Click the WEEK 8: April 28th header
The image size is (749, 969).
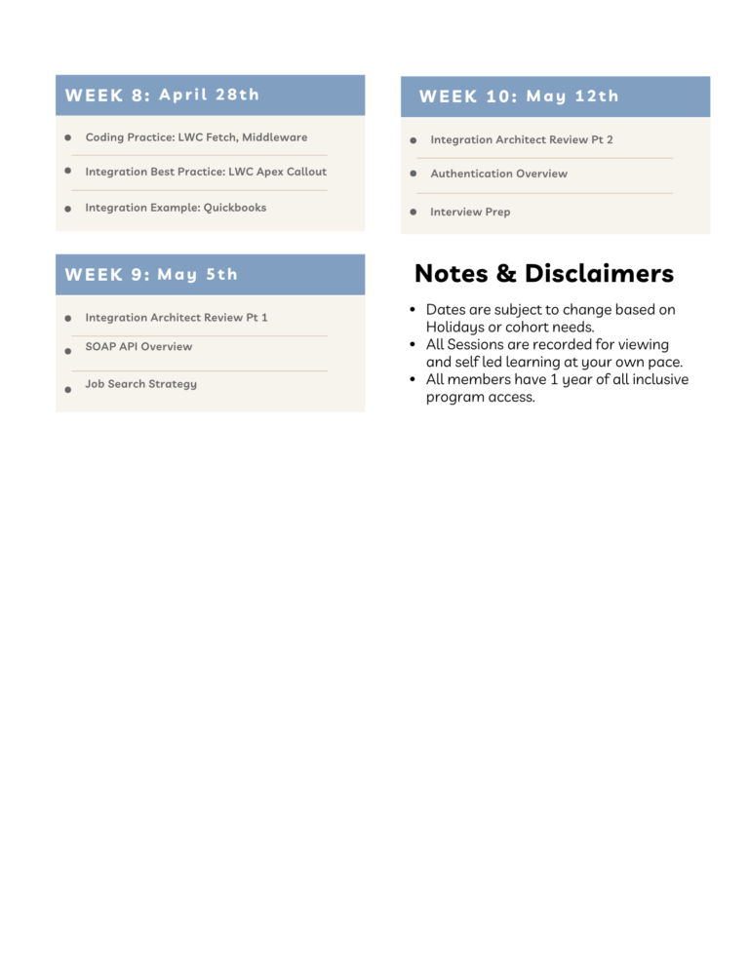coord(162,95)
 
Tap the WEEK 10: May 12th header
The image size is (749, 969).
coord(519,96)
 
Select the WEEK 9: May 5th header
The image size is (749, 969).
coord(151,274)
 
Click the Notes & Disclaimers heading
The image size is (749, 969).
coord(543,273)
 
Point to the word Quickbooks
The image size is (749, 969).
coord(235,208)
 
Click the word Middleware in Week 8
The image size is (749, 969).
coord(274,137)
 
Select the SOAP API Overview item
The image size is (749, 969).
coord(138,346)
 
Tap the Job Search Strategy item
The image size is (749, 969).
coord(140,384)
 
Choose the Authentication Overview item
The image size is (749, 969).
coord(498,174)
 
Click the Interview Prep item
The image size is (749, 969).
coord(470,212)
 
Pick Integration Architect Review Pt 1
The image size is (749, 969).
coord(176,318)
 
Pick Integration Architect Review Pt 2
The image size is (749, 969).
coord(521,140)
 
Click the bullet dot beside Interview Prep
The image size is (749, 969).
coord(414,212)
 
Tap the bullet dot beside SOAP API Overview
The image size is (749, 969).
coord(68,351)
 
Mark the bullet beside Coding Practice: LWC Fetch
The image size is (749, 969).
coord(68,137)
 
